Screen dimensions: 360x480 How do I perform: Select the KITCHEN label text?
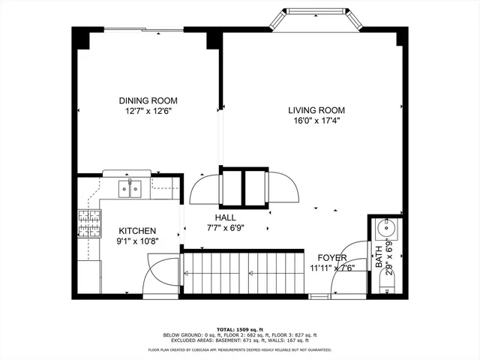tap(137, 231)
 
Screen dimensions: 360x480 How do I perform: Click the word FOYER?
tap(331, 257)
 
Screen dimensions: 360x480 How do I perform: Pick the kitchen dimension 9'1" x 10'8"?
tap(137, 241)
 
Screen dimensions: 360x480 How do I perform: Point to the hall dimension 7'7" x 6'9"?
tap(226, 228)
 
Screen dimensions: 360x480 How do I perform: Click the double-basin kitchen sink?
tap(130, 187)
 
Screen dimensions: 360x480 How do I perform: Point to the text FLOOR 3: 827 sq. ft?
tap(297, 335)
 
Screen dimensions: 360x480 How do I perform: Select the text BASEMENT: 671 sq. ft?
tap(253, 340)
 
